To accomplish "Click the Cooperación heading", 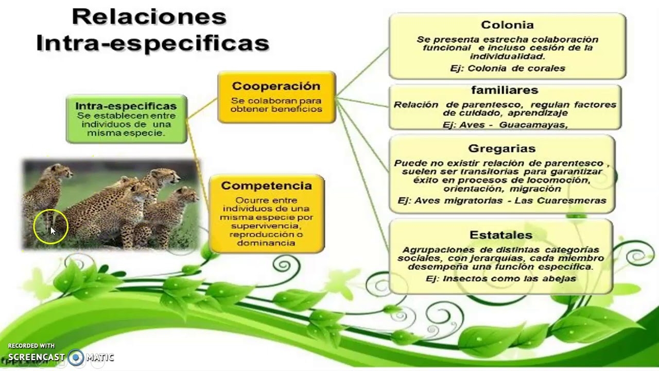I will tap(276, 86).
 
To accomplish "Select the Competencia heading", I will tap(266, 185).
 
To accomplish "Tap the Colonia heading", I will tap(507, 25).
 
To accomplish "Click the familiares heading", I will tap(504, 91).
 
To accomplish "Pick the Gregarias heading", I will tap(502, 149).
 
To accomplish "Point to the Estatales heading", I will tap(500, 235).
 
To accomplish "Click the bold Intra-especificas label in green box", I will tap(126, 106).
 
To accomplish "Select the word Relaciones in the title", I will tap(149, 17).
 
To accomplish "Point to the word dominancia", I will tap(266, 243).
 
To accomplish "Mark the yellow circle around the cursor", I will tap(50, 226).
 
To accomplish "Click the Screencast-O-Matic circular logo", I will tap(76, 357).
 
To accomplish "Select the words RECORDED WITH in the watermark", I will tap(31, 346).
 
